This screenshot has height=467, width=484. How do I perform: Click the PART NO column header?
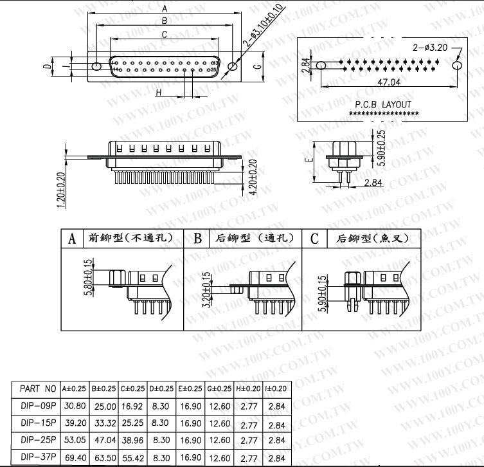click(x=39, y=389)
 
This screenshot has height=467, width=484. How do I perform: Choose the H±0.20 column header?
click(x=248, y=389)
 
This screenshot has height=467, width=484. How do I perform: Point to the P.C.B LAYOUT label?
click(x=383, y=104)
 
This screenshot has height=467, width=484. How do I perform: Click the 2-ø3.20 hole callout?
click(x=430, y=48)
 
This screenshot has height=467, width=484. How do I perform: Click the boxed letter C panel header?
click(x=314, y=239)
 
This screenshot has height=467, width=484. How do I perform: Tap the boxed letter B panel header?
click(x=198, y=239)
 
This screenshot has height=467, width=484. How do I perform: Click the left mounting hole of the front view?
click(x=97, y=66)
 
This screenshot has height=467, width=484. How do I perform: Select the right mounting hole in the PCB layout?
click(x=457, y=66)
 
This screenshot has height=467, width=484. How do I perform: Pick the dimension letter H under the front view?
click(x=158, y=93)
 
